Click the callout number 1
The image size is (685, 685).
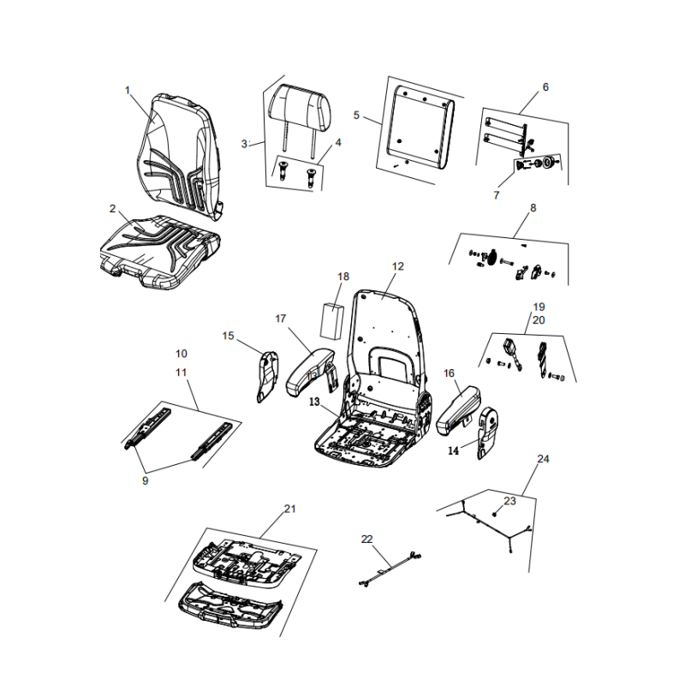pyautogui.click(x=128, y=90)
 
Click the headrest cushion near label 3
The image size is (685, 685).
pyautogui.click(x=299, y=110)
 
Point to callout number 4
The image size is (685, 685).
pyautogui.click(x=337, y=142)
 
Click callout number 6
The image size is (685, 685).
pyautogui.click(x=545, y=86)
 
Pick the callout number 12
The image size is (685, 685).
pyautogui.click(x=396, y=266)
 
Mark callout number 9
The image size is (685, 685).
pyautogui.click(x=145, y=481)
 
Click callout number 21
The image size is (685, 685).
pyautogui.click(x=289, y=509)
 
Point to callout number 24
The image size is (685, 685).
pyautogui.click(x=542, y=459)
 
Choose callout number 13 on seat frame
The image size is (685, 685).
pyautogui.click(x=314, y=401)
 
